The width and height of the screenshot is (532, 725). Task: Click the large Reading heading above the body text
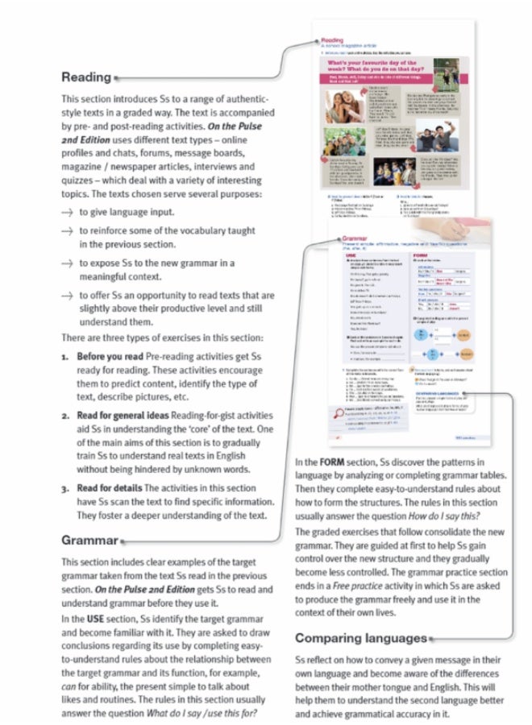pos(86,77)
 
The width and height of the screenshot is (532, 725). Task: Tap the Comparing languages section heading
pos(360,638)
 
